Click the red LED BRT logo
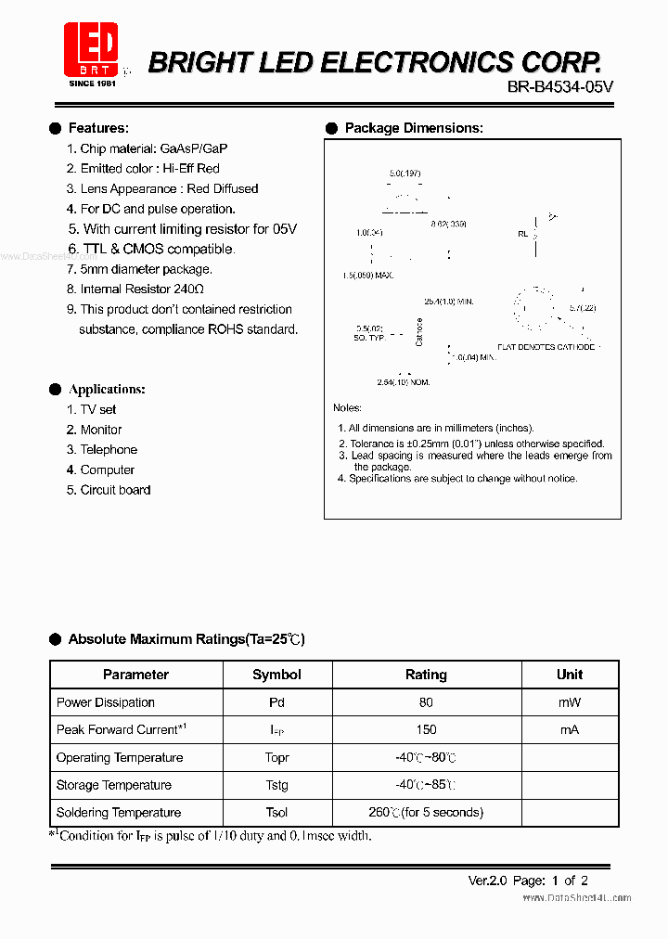coord(90,50)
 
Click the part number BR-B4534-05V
coord(560,86)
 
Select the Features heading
coord(98,128)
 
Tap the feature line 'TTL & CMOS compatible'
coord(158,249)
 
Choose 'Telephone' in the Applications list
coord(109,449)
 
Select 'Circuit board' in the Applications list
coord(115,490)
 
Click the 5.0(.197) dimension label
coord(405,174)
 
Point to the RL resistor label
coord(522,235)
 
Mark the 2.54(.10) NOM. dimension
coord(404,382)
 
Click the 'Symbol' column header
coord(276,675)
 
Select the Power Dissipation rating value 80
coord(426,702)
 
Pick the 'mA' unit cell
coord(569,730)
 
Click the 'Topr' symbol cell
coord(276,757)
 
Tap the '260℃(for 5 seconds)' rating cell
coord(426,812)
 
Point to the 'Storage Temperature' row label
coord(114,785)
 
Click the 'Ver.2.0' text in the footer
coord(487,881)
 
